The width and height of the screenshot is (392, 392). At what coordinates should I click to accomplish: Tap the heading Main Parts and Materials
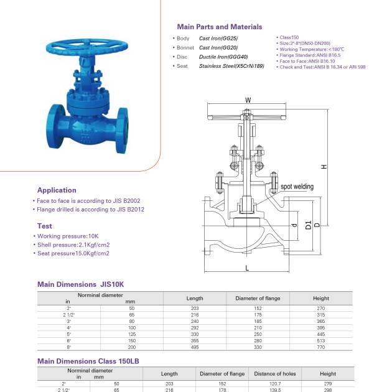219,27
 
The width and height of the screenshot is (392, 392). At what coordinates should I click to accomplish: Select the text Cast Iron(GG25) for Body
218,39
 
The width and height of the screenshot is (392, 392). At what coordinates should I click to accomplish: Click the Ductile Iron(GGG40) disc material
222,57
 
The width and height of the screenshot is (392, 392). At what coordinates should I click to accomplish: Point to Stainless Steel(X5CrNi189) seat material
235,66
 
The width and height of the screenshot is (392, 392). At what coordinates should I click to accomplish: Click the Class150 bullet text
288,38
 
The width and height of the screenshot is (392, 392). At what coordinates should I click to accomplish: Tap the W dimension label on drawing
248,100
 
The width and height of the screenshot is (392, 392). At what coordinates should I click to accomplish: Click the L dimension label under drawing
247,268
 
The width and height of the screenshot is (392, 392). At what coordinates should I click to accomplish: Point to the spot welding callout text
297,187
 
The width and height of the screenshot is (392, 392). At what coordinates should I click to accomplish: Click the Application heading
57,190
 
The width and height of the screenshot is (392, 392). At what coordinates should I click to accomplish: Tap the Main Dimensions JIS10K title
81,284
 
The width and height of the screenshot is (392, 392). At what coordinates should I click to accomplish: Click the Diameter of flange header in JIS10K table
258,298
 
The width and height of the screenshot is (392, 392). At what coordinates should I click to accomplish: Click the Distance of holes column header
274,374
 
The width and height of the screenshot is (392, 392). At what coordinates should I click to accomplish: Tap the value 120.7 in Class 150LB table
274,384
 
